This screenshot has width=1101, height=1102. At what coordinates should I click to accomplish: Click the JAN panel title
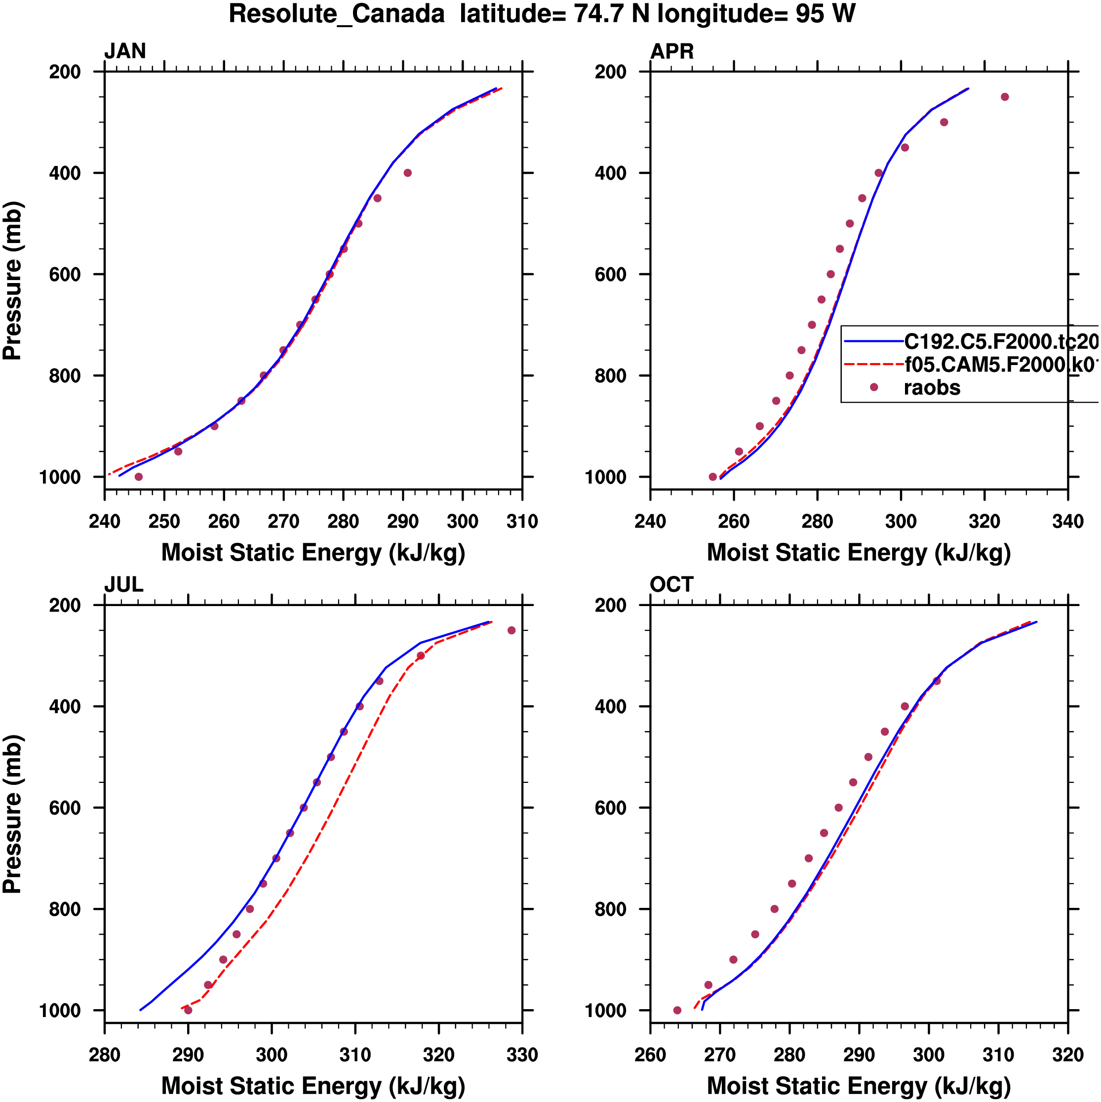125,51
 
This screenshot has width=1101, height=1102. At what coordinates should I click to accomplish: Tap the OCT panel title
671,585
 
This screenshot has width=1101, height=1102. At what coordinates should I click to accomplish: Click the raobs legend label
932,388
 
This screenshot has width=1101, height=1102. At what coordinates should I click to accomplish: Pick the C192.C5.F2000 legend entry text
1001,342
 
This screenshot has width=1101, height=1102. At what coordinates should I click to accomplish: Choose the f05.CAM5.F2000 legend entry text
1001,365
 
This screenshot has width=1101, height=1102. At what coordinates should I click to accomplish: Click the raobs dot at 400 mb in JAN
407,173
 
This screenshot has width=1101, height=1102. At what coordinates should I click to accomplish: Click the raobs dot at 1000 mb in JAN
139,477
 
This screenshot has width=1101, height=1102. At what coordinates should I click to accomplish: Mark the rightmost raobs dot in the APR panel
1005,97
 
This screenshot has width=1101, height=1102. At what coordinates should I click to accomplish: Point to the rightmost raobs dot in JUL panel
511,630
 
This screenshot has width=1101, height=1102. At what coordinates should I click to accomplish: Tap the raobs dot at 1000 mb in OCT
677,1010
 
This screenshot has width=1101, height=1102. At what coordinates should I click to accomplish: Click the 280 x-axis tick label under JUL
104,1055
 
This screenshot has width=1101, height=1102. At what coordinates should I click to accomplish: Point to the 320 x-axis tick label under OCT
1067,1055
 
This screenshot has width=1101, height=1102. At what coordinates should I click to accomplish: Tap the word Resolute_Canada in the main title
336,14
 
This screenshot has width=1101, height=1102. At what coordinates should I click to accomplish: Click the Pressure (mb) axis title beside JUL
12,814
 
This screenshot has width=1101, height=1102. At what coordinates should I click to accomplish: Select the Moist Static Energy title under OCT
859,1086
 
